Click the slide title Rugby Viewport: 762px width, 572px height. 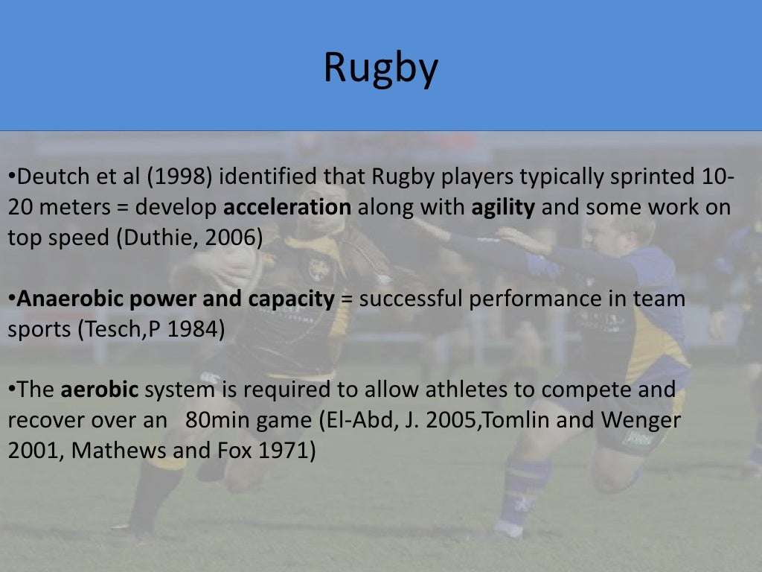click(x=380, y=68)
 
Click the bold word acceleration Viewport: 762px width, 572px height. click(x=287, y=207)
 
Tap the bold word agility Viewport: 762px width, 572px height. click(x=503, y=207)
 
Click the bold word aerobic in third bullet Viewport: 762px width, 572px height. click(x=100, y=390)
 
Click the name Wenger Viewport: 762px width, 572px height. click(x=642, y=420)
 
